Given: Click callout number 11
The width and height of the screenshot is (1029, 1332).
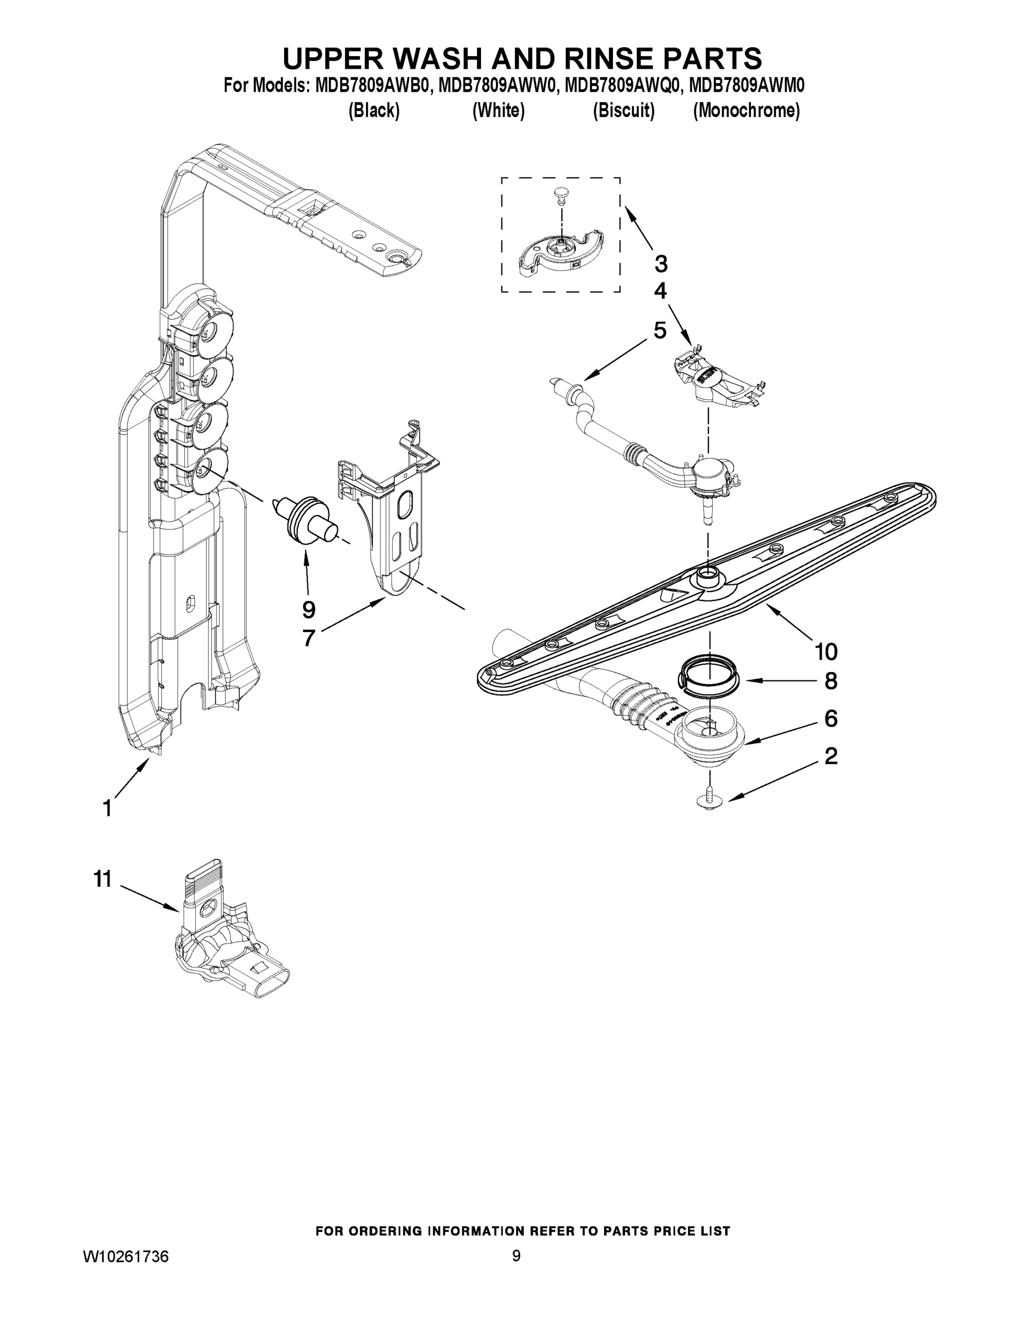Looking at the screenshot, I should pyautogui.click(x=103, y=880).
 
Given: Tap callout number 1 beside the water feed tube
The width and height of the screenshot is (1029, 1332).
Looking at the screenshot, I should pyautogui.click(x=107, y=809).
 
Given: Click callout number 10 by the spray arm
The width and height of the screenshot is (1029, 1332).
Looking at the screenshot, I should pyautogui.click(x=827, y=652).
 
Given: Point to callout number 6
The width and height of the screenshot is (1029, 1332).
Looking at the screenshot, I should pyautogui.click(x=831, y=719).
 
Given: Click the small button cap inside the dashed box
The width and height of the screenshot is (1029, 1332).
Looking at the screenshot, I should pyautogui.click(x=560, y=193).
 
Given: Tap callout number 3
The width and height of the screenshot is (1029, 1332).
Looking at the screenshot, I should pyautogui.click(x=661, y=264).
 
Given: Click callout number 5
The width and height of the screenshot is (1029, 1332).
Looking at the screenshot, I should pyautogui.click(x=660, y=331).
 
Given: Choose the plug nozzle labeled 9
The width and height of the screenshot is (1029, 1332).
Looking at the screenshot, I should pyautogui.click(x=307, y=519).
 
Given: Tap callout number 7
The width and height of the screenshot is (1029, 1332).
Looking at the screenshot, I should pyautogui.click(x=308, y=638).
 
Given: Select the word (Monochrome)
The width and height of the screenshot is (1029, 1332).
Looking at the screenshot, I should pyautogui.click(x=746, y=110).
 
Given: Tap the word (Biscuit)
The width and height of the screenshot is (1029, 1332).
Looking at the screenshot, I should pyautogui.click(x=624, y=110).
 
